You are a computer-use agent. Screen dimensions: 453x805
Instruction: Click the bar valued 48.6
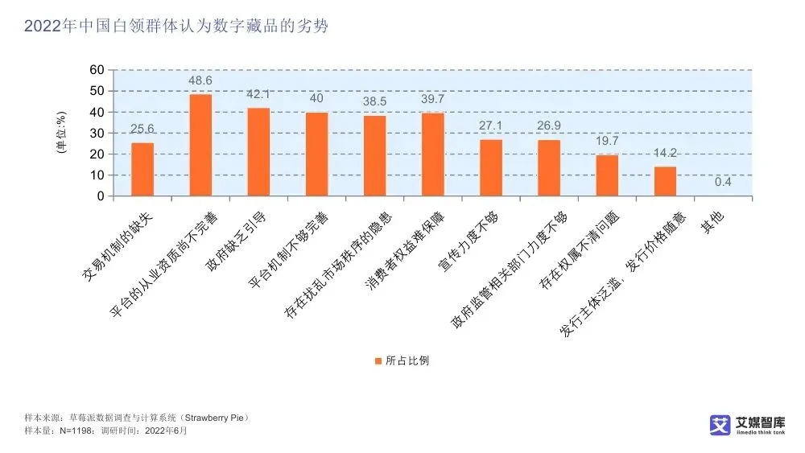200,146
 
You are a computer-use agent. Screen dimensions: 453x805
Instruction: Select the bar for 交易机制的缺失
142,170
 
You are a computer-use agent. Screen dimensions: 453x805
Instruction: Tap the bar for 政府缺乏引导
258,152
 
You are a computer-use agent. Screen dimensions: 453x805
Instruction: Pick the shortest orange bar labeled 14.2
665,181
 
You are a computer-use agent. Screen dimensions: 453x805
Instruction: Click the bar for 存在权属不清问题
607,175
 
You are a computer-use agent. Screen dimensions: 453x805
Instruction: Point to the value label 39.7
433,98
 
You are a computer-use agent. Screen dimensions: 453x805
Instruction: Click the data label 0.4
723,182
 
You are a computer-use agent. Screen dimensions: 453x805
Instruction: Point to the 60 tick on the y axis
97,70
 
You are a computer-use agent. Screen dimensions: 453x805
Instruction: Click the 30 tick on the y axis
97,134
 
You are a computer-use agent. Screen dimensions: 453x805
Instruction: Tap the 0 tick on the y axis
101,196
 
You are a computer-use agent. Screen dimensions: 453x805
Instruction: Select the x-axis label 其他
712,222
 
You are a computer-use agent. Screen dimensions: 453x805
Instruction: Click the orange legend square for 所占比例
378,360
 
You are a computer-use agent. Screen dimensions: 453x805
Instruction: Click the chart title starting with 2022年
176,27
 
